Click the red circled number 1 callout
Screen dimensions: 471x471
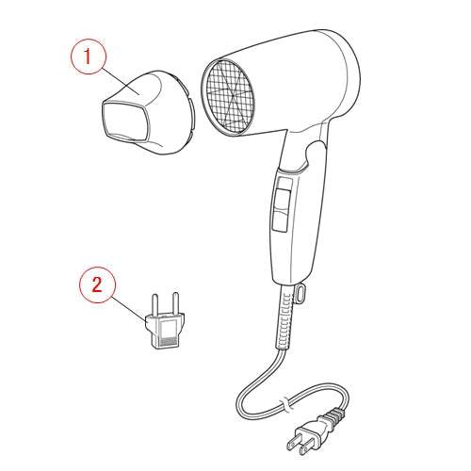click(x=88, y=57)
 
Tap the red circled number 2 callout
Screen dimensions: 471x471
click(x=97, y=284)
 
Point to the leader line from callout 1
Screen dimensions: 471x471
click(x=121, y=81)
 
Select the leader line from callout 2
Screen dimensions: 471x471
click(x=129, y=309)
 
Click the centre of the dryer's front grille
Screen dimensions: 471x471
click(x=228, y=96)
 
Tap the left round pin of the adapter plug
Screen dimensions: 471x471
click(x=154, y=306)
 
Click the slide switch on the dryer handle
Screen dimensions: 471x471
click(x=282, y=204)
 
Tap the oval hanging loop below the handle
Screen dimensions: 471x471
click(x=300, y=293)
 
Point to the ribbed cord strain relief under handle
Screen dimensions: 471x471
click(x=284, y=317)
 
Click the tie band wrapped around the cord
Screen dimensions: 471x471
click(x=286, y=404)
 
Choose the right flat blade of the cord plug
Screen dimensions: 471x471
click(x=307, y=448)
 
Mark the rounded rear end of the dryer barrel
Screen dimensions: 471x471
click(x=346, y=75)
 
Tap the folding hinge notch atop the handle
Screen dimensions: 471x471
click(x=315, y=154)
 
